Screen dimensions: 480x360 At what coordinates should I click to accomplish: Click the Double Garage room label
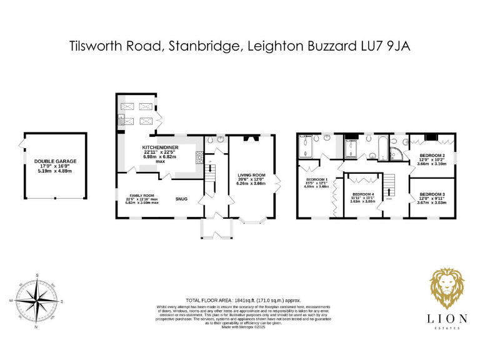point(56,161)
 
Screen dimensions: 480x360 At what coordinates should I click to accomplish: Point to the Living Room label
point(251,175)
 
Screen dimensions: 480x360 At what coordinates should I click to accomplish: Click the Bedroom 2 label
point(432,155)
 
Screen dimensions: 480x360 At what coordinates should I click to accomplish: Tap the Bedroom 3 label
point(432,194)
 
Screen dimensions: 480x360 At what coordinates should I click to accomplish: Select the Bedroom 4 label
point(363,194)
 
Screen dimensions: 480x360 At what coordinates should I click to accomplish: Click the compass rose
point(37,301)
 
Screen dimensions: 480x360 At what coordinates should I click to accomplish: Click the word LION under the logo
point(447,319)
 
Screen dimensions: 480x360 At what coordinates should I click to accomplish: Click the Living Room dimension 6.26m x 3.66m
point(251,184)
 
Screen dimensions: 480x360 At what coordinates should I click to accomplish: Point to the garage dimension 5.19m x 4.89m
point(56,170)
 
